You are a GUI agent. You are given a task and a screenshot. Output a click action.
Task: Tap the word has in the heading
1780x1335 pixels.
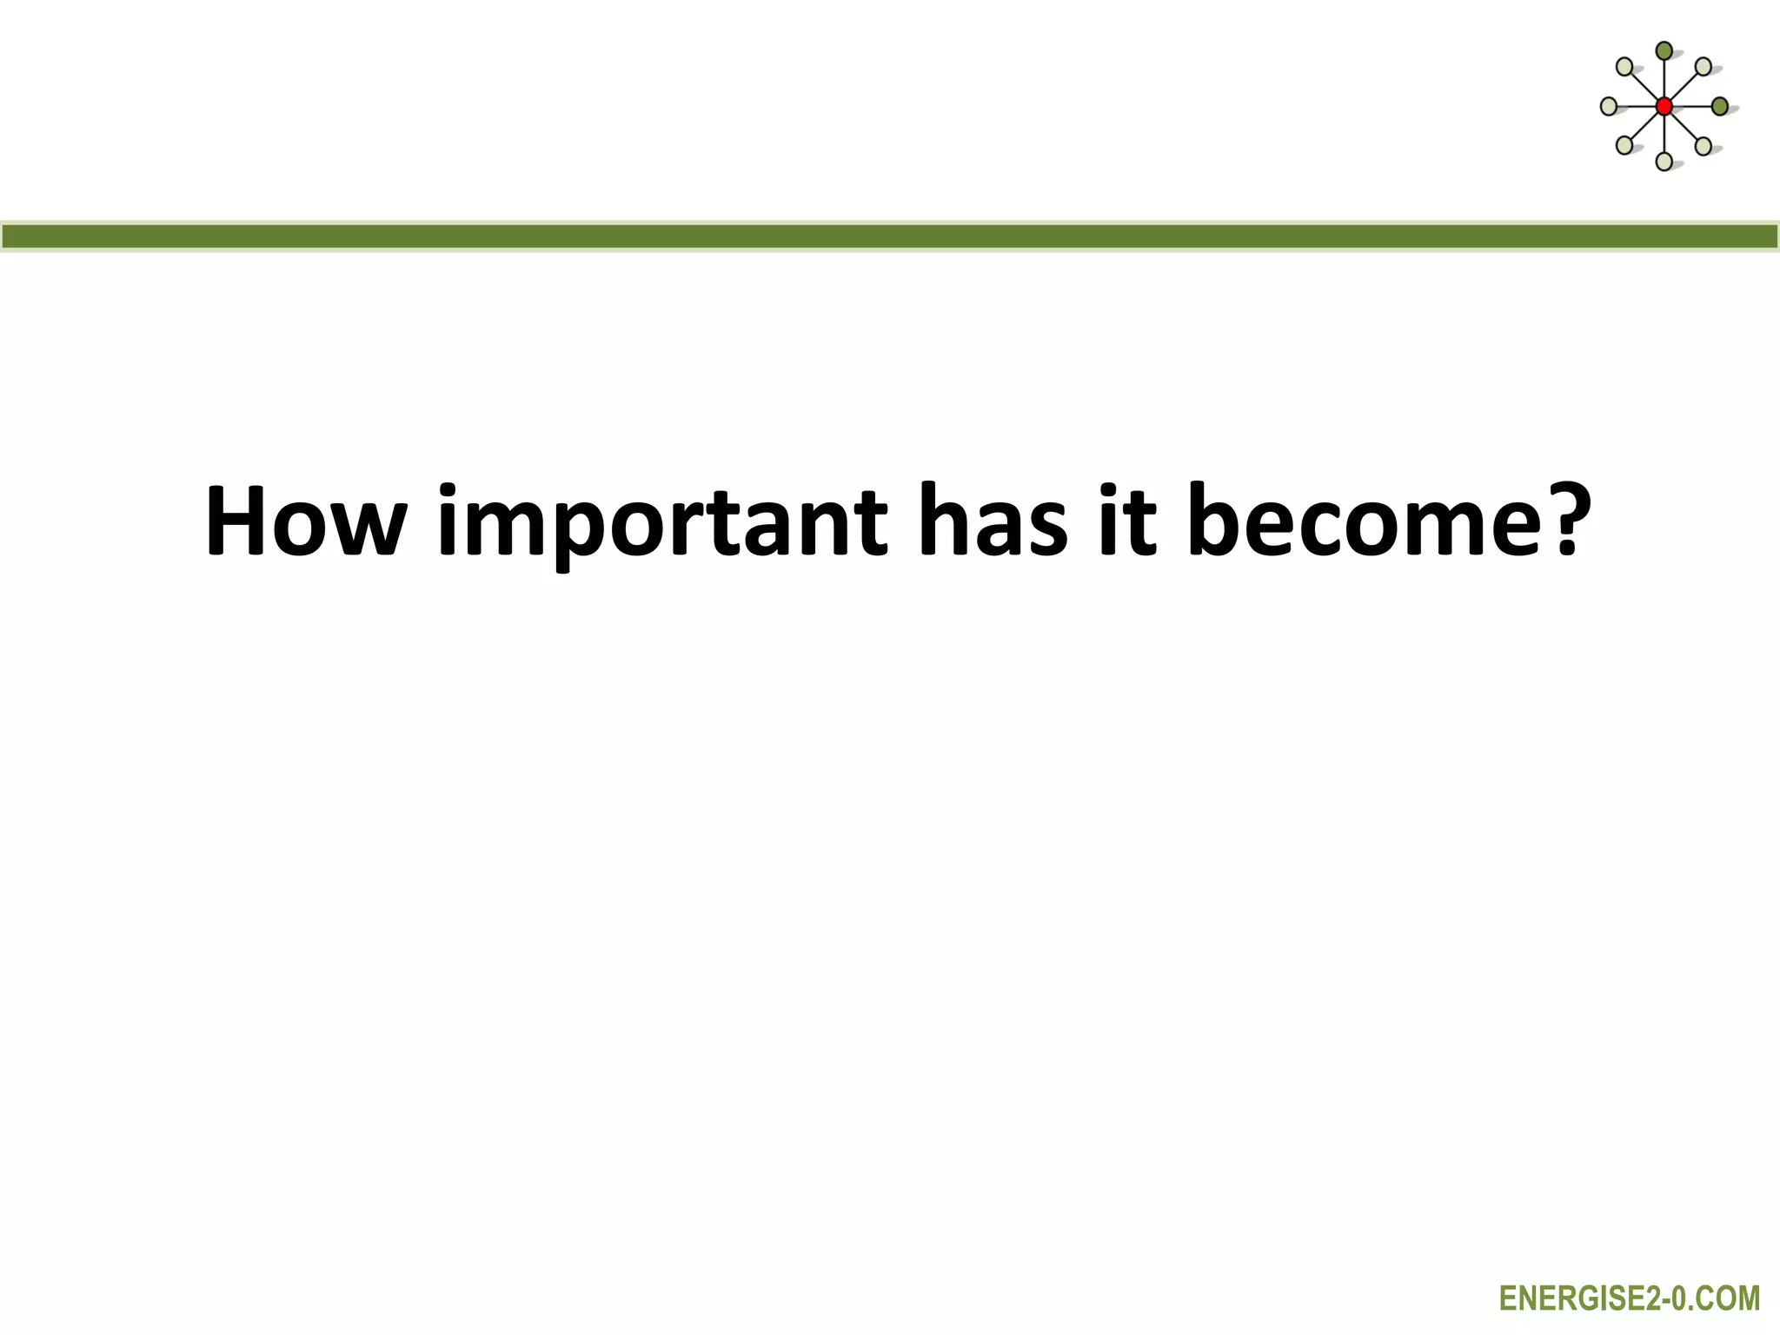click(x=992, y=521)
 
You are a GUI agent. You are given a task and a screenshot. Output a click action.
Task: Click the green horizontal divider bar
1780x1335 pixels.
click(x=890, y=236)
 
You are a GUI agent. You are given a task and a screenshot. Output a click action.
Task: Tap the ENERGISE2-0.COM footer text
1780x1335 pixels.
click(x=1630, y=1298)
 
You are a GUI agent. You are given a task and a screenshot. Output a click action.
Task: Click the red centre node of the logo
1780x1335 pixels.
click(x=1664, y=107)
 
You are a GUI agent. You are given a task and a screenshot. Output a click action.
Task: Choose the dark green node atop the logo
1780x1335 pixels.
click(x=1664, y=50)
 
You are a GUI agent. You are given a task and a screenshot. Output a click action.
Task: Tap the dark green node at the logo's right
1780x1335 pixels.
click(x=1720, y=107)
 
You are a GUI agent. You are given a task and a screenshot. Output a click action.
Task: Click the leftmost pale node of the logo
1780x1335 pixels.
click(x=1609, y=107)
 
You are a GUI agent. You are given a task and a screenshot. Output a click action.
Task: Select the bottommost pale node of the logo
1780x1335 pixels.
click(x=1664, y=162)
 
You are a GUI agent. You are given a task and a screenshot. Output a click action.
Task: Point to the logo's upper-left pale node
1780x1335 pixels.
click(x=1624, y=66)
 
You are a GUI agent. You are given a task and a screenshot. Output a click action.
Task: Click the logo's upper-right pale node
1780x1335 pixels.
click(x=1704, y=66)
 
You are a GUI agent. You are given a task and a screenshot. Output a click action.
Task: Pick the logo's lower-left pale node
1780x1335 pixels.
click(x=1624, y=145)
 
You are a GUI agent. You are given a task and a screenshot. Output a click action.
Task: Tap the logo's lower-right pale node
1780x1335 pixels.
click(x=1704, y=145)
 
